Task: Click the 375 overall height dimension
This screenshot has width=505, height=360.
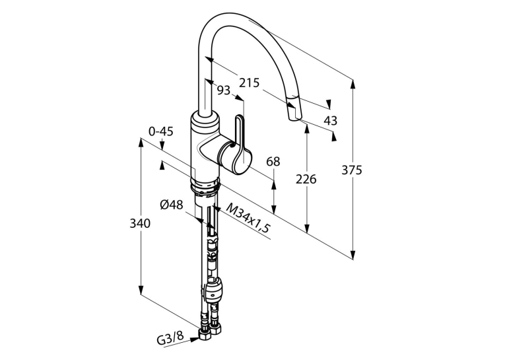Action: (x=352, y=170)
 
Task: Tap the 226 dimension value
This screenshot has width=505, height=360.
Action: (x=306, y=179)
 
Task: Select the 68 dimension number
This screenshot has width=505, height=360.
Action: (x=273, y=161)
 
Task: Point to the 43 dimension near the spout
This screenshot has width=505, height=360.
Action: (x=330, y=120)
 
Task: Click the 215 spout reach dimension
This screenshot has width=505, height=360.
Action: (x=249, y=83)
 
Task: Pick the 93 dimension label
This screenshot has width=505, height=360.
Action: (x=224, y=90)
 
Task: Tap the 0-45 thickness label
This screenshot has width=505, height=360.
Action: (x=161, y=131)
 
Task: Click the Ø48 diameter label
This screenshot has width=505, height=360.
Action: (x=172, y=204)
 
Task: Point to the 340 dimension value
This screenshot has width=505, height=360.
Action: (x=140, y=223)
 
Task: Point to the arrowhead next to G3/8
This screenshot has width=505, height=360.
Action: (x=195, y=339)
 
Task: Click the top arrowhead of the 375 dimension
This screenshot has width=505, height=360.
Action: (x=353, y=84)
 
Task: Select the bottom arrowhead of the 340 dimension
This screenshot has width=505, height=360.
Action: (x=141, y=289)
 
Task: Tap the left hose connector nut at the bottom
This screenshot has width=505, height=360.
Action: (x=205, y=335)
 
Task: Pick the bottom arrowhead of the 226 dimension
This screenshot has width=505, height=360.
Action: (x=307, y=228)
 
